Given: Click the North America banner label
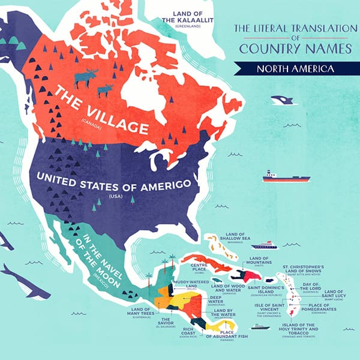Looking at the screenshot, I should click(295, 68).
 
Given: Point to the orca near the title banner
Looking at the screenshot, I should click(280, 100).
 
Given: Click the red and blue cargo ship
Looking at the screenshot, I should click(286, 177).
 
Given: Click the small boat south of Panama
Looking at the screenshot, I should click(260, 327).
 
